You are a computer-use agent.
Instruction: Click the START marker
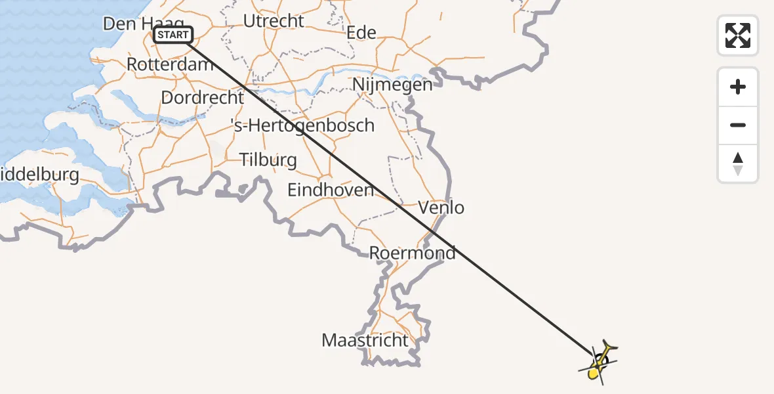coord(173,35)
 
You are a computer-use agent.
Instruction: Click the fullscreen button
coord(738,35)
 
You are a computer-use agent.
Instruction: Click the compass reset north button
coord(738,164)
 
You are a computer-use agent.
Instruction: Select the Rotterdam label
coord(170,64)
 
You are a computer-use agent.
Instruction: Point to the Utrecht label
coord(274,21)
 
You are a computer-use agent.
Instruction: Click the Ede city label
coord(361,32)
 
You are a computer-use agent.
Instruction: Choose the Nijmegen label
coord(392,85)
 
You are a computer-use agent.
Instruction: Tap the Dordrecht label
coord(202,98)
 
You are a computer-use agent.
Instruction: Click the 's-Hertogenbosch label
coord(303,125)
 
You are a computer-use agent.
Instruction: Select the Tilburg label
coord(268,160)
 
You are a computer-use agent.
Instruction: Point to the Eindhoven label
coord(331,190)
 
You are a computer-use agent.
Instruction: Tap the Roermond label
coord(412,253)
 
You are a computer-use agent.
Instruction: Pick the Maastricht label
coord(365,341)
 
